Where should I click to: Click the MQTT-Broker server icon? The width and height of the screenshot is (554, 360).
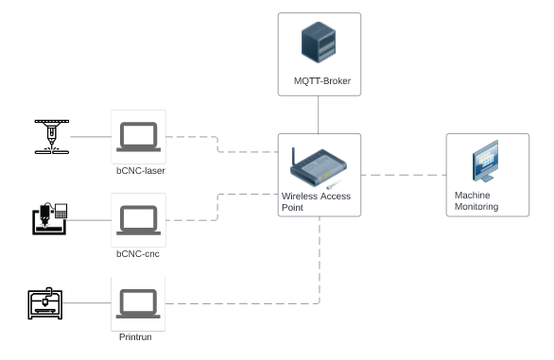(x=319, y=44)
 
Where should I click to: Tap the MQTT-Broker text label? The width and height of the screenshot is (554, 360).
(x=322, y=81)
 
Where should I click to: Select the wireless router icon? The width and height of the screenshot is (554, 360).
(x=317, y=168)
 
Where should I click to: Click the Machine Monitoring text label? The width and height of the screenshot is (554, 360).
(x=476, y=201)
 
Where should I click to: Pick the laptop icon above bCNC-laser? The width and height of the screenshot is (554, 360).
(x=138, y=136)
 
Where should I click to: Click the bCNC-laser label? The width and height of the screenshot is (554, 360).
(x=139, y=171)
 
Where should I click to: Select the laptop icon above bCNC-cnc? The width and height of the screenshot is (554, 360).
(x=138, y=219)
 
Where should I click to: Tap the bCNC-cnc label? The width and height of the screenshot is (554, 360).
(x=138, y=254)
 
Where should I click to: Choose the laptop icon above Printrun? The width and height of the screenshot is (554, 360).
(x=138, y=303)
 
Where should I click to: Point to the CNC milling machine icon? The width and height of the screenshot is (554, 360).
(x=46, y=218)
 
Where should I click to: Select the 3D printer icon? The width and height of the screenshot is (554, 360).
(x=46, y=302)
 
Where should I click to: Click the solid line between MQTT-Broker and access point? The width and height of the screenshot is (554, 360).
(x=319, y=114)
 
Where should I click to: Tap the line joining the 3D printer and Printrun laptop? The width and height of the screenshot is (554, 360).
(x=90, y=303)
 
